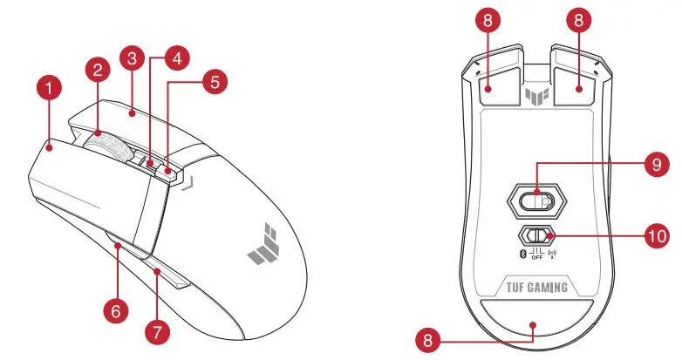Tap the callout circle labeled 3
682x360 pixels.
133,59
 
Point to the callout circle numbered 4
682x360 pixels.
177,59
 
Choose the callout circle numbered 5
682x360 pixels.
214,82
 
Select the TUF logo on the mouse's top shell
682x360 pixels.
266,249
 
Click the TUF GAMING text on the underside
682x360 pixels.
536,287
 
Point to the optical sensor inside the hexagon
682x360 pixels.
536,200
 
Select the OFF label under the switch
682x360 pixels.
536,259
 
